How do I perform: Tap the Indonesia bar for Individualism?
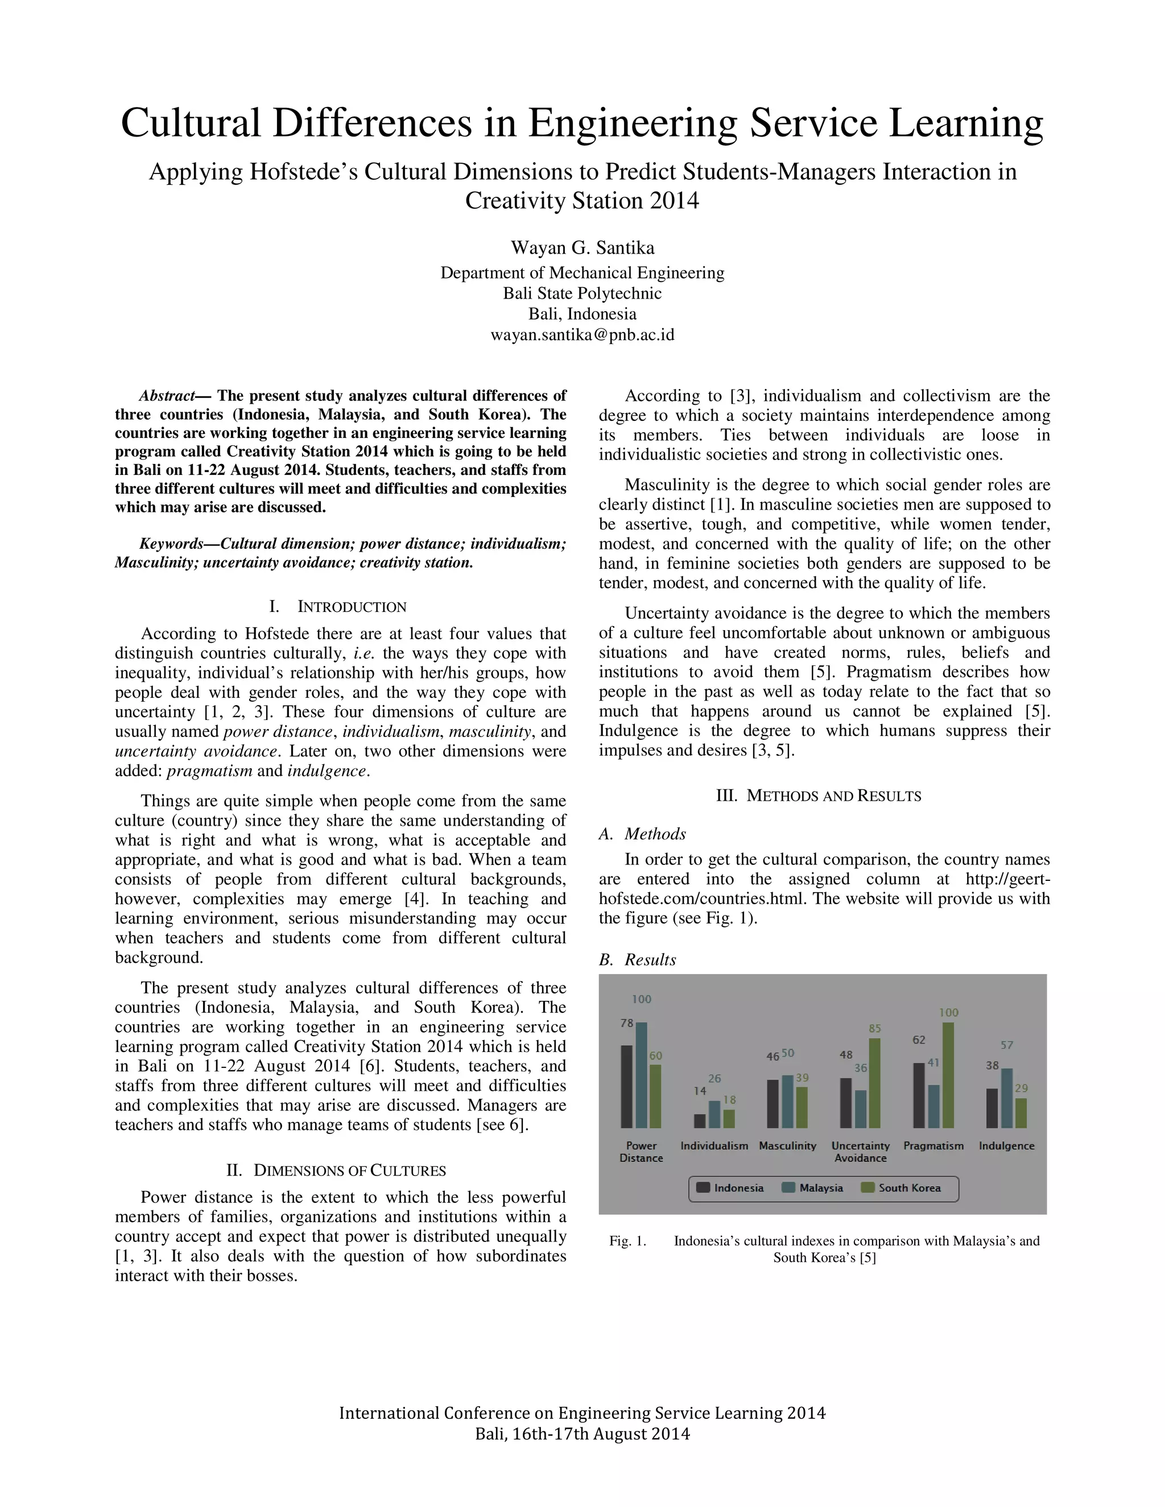coord(699,1121)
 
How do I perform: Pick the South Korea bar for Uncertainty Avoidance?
coord(874,1083)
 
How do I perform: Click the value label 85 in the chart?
coord(874,1028)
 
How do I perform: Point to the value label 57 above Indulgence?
coord(1007,1045)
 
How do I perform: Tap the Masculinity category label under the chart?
coord(787,1145)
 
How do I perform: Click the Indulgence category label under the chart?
coord(1006,1145)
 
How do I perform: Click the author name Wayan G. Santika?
coord(582,248)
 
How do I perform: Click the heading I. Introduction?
coord(339,607)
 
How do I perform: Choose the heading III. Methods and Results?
coord(819,796)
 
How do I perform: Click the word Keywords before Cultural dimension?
coord(171,544)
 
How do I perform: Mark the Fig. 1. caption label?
coord(627,1241)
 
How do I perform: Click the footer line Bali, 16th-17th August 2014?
coord(582,1434)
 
